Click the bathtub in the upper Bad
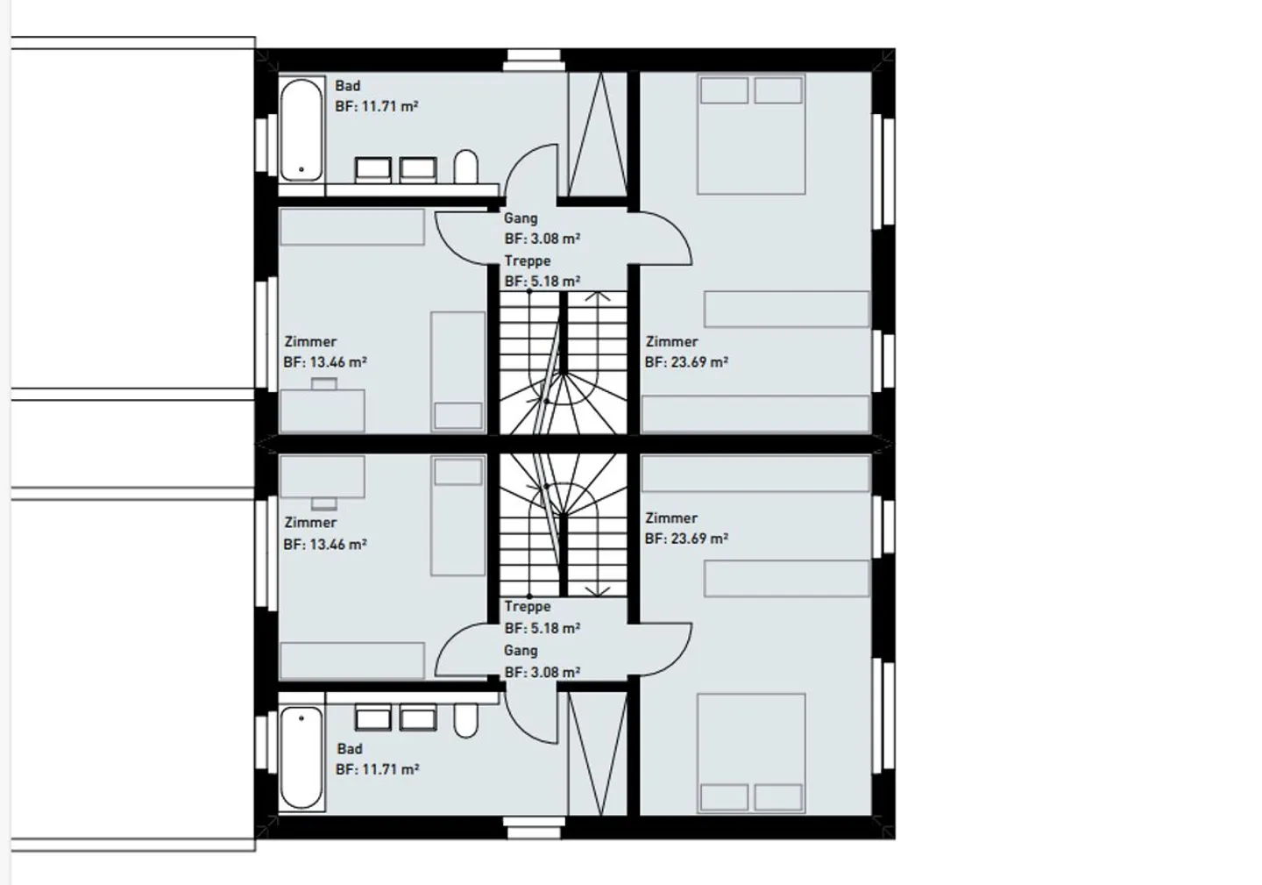pos(301,131)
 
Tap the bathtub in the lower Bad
pos(301,757)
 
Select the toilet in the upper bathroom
pos(466,167)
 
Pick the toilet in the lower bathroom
pos(466,720)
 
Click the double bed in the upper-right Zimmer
pos(751,134)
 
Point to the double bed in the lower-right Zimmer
pos(751,753)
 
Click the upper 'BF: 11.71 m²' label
pos(377,106)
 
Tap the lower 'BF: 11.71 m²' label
pos(378,769)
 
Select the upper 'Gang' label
pos(521,218)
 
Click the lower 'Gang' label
pos(521,651)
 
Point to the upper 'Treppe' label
pos(528,261)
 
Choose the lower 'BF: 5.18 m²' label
pos(542,628)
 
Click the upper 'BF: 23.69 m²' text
pos(687,361)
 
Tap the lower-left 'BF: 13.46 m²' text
pos(325,544)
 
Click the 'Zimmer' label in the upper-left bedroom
pos(310,341)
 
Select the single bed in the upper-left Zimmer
pos(457,371)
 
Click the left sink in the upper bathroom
pos(373,169)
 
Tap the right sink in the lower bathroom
pos(418,718)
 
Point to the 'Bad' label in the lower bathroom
pos(350,748)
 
